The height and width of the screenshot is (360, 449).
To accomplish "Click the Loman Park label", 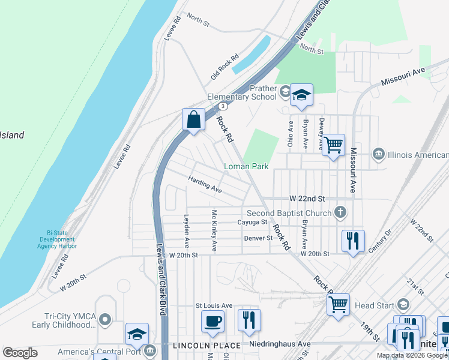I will click(x=246, y=166).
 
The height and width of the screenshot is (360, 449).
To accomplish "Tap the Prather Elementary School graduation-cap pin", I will click(x=301, y=95).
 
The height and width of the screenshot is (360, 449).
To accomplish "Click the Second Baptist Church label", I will click(x=289, y=212).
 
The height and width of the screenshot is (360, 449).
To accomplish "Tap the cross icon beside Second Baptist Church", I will click(x=340, y=211).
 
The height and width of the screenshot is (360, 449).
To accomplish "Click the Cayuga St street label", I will click(x=252, y=222).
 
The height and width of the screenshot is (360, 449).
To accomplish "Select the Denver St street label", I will click(x=258, y=238).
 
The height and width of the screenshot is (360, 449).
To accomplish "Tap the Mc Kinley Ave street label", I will click(x=214, y=230).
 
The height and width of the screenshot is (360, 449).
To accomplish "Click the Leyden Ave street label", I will click(x=187, y=232).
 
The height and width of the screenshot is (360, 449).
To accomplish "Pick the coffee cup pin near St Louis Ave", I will click(x=212, y=321).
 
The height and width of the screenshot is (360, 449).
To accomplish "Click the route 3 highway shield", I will click(x=223, y=106).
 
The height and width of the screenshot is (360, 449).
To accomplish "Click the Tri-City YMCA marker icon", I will click(x=106, y=318).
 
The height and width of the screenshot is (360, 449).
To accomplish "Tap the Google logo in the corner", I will click(x=20, y=353).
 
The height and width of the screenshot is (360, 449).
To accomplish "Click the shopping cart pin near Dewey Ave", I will click(x=333, y=144).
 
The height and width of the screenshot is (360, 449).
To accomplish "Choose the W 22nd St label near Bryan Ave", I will click(x=307, y=199).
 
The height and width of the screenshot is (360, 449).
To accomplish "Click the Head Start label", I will click(x=373, y=305).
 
